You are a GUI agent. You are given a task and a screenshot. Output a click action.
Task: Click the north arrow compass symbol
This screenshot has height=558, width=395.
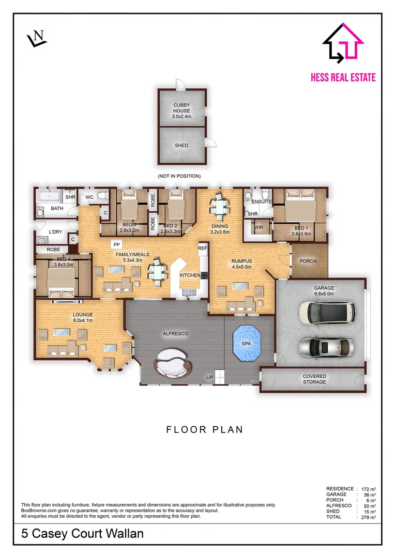[x=37, y=38]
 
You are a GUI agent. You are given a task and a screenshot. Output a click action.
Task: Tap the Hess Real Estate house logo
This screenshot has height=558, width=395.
[x=343, y=42]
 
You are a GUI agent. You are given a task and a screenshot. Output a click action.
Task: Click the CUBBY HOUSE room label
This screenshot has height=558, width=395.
[x=181, y=108]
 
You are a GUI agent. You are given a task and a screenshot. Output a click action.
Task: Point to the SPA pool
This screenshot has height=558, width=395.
[x=247, y=343]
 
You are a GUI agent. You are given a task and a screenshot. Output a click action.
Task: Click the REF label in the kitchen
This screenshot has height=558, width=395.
[x=203, y=248]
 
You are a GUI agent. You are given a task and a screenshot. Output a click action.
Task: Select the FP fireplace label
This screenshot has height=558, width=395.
[x=116, y=245]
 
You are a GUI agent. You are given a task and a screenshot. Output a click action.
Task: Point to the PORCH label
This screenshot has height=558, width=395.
[x=308, y=261]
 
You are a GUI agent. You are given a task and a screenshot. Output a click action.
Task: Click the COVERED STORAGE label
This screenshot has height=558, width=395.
[x=314, y=379]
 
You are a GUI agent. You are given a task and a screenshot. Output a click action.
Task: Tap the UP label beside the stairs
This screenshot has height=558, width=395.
[x=210, y=377]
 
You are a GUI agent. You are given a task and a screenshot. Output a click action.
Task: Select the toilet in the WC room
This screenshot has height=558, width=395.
[x=102, y=196]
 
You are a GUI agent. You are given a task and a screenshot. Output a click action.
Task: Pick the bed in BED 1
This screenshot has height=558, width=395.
[x=300, y=206]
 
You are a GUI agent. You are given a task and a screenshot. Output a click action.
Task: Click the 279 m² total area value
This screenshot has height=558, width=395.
[x=368, y=517]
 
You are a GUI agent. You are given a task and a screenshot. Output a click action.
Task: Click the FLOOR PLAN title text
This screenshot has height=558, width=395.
[x=204, y=429]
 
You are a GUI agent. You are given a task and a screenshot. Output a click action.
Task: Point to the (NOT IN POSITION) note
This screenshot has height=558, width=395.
[x=179, y=176]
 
